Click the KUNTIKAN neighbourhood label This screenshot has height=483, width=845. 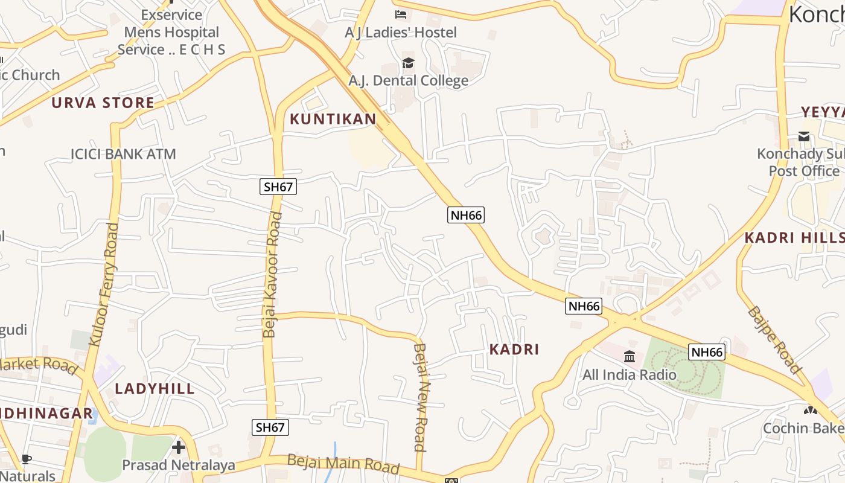(333, 119)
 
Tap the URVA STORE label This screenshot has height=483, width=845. (103, 103)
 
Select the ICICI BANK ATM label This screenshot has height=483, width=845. (123, 154)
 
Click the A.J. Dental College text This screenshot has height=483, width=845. (408, 80)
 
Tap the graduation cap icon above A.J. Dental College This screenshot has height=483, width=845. (409, 63)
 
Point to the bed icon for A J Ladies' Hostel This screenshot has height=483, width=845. (401, 14)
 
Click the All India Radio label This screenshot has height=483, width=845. (630, 374)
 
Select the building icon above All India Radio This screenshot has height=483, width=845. (630, 356)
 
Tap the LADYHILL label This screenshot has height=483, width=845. (155, 388)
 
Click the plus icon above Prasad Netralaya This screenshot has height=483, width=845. (178, 447)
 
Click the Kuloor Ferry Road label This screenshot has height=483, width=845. (104, 284)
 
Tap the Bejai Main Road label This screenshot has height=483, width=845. (343, 463)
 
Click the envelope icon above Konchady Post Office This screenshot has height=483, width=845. (804, 136)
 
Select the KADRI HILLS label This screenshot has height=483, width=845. (794, 237)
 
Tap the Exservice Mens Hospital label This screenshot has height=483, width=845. (171, 32)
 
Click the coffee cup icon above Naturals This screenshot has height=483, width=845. (27, 459)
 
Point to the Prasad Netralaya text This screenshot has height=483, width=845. (178, 465)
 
